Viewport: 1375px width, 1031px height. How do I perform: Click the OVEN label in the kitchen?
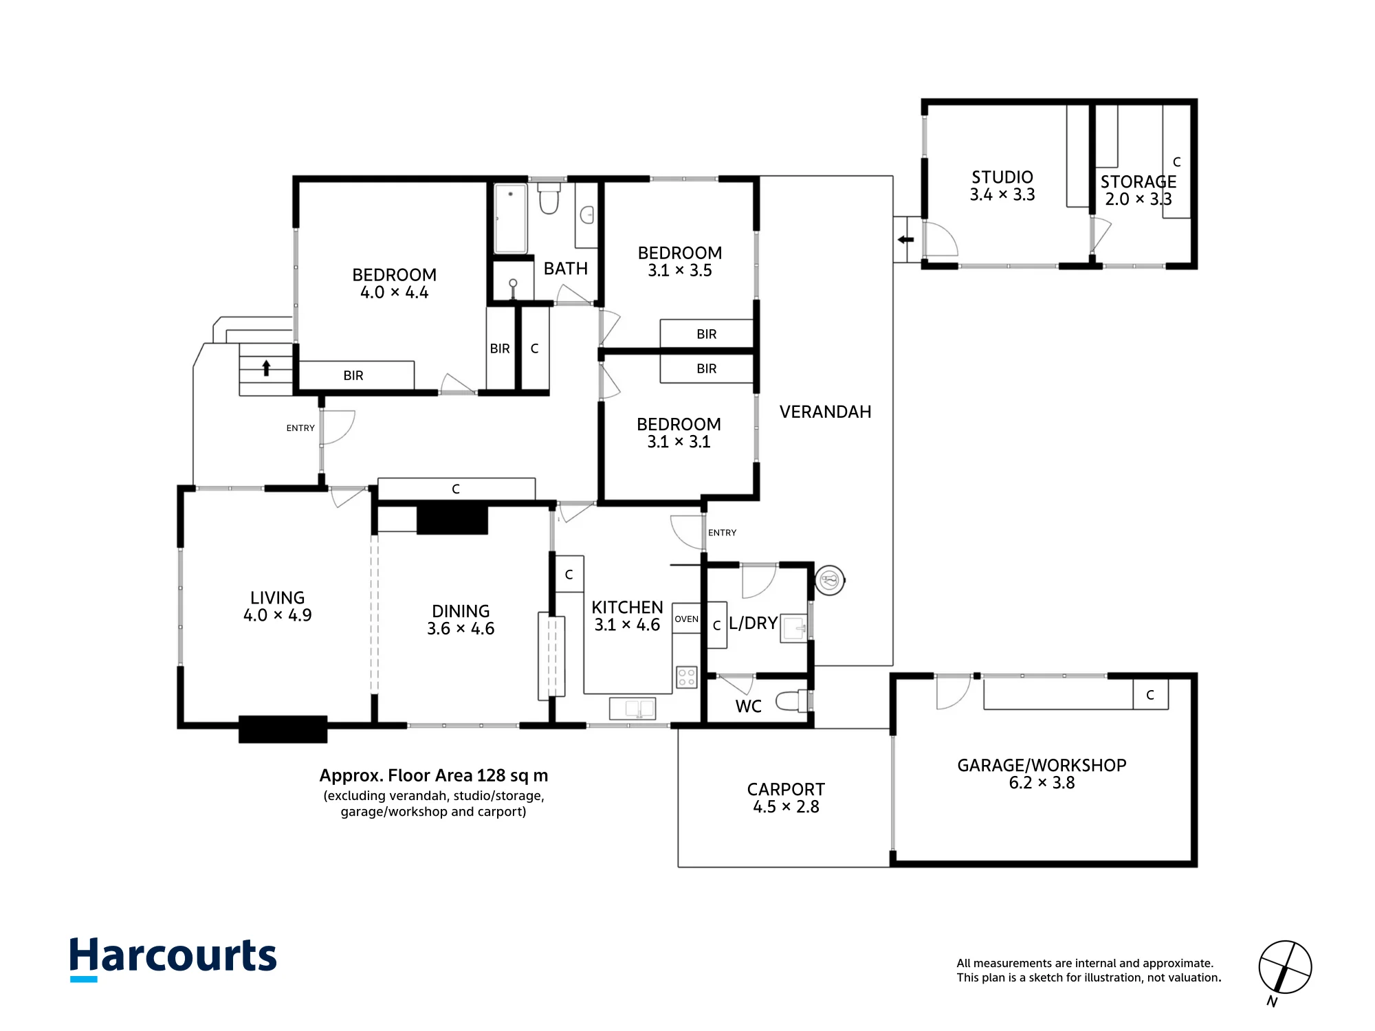686,619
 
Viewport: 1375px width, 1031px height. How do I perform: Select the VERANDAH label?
825,412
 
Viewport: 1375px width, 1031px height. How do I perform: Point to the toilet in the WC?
791,701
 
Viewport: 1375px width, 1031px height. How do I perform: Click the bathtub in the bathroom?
511,219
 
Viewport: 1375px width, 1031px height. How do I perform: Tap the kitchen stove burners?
687,677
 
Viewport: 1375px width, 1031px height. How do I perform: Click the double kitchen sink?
632,709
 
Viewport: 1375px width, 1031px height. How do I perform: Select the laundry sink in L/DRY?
794,628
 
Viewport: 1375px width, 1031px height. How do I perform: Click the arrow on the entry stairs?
267,368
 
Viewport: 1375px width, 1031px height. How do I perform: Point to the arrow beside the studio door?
905,240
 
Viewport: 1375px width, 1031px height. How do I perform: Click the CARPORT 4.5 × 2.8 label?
786,798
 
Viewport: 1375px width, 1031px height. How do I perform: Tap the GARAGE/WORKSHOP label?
1042,766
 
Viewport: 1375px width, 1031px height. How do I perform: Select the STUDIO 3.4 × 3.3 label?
1002,186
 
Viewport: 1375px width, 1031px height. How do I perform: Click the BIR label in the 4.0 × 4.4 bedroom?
353,375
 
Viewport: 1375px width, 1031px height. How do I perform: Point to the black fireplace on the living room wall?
283,729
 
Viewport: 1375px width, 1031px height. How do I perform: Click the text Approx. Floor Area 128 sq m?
434,776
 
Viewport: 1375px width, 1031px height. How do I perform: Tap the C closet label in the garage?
1150,695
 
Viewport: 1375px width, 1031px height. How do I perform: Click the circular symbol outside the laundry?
830,580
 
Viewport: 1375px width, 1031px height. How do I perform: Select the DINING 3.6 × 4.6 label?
461,620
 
